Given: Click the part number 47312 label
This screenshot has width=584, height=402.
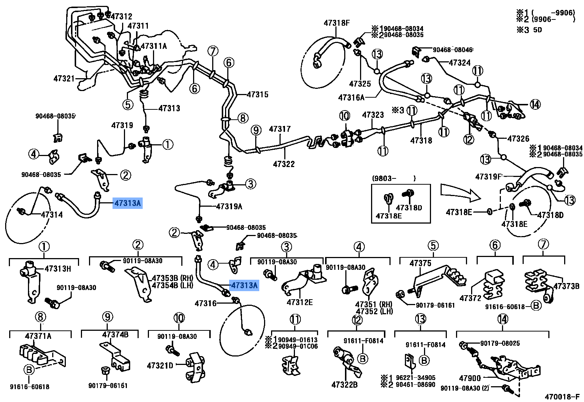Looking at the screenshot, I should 121,17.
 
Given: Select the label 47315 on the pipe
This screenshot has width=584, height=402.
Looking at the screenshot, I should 258,95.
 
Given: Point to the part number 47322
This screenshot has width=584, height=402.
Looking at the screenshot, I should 284,164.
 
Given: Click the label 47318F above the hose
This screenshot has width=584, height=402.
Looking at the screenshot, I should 336,23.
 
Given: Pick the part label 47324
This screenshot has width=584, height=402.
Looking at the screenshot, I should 460,63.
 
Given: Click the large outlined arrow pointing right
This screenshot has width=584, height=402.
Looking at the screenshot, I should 460,193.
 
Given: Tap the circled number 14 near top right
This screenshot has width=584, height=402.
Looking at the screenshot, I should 535,105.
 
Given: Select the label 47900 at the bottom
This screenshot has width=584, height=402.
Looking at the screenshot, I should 470,378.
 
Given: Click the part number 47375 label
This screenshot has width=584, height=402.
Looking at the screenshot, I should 420,263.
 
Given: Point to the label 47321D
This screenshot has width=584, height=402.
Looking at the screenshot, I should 160,366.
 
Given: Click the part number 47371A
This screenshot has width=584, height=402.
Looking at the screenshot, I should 38,336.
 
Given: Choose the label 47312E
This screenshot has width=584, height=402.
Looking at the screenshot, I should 300,302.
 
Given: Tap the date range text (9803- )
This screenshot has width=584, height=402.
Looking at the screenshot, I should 394,178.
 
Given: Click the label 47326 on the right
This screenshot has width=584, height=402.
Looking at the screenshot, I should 518,139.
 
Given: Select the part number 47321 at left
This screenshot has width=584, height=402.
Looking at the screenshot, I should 64,79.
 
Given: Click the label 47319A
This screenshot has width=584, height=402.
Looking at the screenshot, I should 229,207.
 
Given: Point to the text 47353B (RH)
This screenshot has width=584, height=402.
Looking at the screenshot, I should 172,278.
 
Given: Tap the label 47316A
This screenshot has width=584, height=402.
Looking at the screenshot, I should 351,98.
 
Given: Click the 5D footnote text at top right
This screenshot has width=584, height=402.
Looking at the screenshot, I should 537,30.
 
